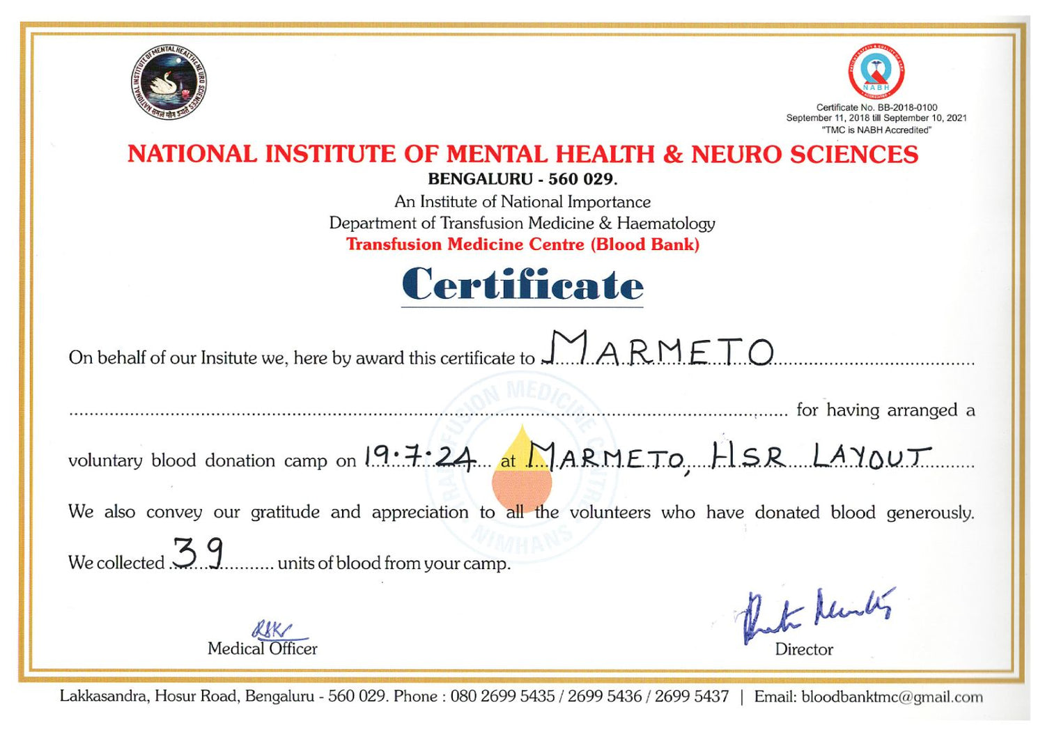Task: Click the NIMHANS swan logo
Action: point(169,82)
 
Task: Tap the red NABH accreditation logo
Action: point(876,72)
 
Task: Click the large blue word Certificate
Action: point(522,285)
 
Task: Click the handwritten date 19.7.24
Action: point(420,457)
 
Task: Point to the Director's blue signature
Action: point(815,613)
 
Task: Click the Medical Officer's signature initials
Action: point(273,630)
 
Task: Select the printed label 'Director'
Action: point(804,649)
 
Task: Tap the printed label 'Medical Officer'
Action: point(262,649)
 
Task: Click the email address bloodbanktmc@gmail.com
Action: point(892,697)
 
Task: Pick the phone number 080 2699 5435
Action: point(502,697)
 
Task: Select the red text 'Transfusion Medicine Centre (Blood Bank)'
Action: point(522,244)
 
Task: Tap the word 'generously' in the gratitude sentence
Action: point(929,513)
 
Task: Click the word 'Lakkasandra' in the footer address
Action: point(104,697)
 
